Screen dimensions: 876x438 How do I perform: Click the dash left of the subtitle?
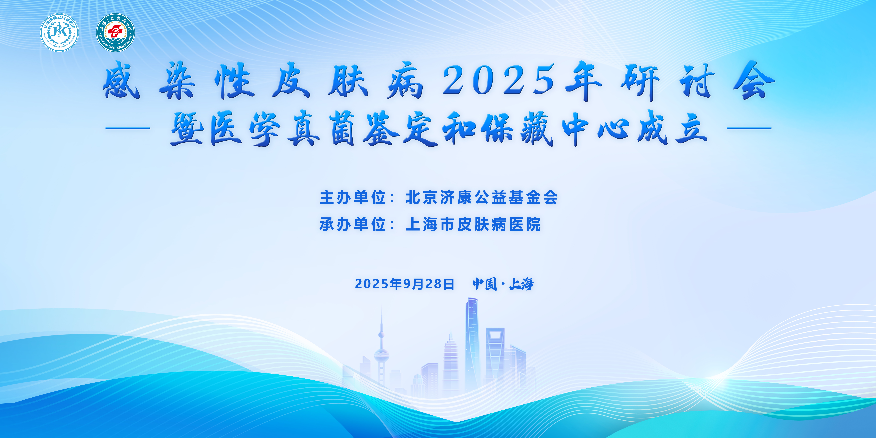click(x=128, y=129)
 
